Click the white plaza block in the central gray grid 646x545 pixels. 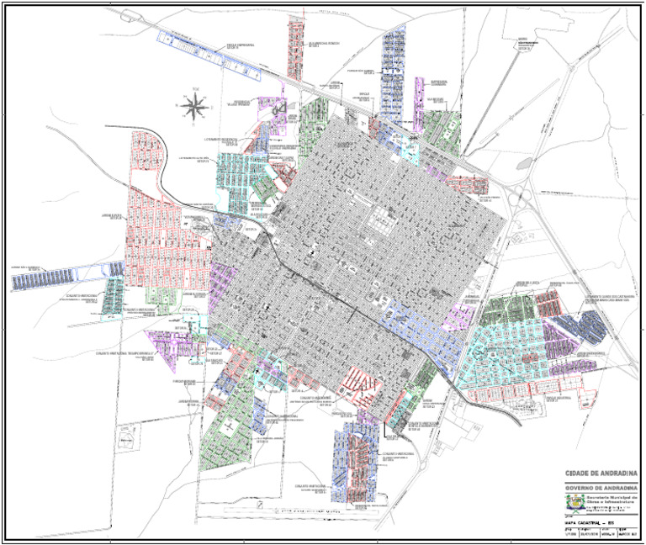[x=384, y=220]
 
